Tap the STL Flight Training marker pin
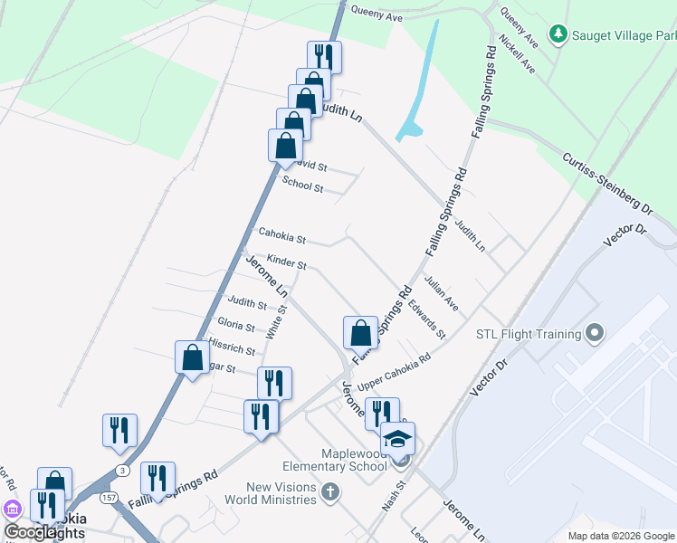[595, 334]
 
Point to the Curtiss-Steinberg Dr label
[607, 181]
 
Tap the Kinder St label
[287, 262]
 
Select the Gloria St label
[236, 324]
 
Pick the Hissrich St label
[232, 346]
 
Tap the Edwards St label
[426, 319]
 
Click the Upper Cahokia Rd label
[394, 372]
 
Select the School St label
[302, 185]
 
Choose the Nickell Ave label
[519, 56]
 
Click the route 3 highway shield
[122, 471]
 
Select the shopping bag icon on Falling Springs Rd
[360, 333]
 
